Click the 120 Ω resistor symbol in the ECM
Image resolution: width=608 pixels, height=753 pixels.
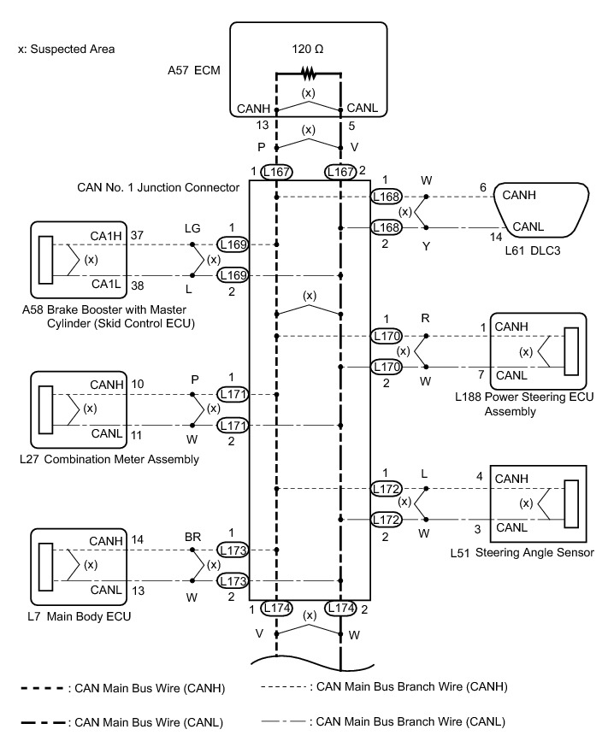pyautogui.click(x=308, y=74)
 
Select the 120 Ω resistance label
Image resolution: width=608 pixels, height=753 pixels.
pyautogui.click(x=308, y=49)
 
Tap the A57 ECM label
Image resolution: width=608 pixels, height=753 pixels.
pyautogui.click(x=194, y=70)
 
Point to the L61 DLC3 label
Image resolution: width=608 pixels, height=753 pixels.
pyautogui.click(x=533, y=250)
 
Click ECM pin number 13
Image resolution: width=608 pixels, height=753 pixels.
pyautogui.click(x=263, y=125)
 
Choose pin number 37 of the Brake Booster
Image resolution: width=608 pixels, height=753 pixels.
pyautogui.click(x=137, y=235)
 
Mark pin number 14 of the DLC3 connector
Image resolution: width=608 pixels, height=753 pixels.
pyautogui.click(x=495, y=237)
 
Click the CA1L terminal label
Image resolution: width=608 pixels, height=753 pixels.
pyautogui.click(x=106, y=284)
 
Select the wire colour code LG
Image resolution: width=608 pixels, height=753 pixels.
pyautogui.click(x=192, y=228)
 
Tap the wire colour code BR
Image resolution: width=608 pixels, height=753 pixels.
pyautogui.click(x=192, y=537)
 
